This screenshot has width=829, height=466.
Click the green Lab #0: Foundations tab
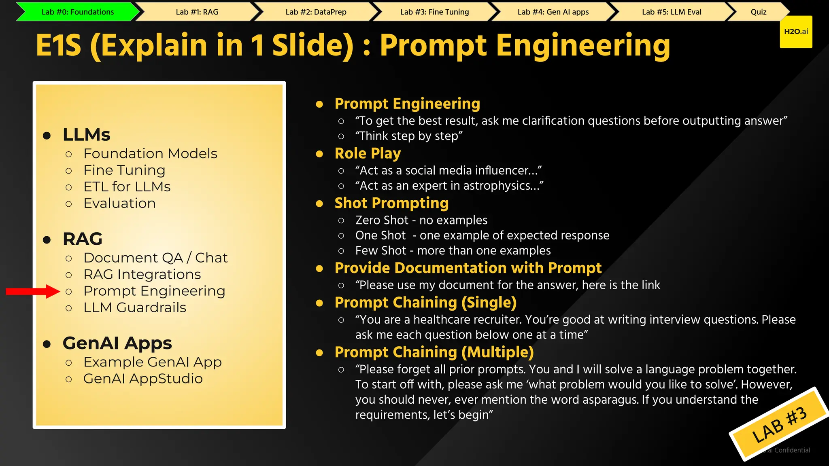point(78,12)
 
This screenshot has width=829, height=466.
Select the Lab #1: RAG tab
point(197,12)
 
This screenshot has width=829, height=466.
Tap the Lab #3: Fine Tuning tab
point(434,12)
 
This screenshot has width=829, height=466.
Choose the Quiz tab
point(758,12)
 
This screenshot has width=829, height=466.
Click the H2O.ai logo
point(796,32)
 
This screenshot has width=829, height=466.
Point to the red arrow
point(32,291)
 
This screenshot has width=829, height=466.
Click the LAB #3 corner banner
point(779,425)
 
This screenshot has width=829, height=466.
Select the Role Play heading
point(368,153)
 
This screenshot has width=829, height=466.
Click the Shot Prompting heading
point(391,203)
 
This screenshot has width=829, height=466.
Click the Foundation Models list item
point(150,154)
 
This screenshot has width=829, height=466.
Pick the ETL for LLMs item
point(127,187)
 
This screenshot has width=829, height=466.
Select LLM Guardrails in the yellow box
point(134,307)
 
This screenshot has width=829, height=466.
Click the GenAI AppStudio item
point(143,379)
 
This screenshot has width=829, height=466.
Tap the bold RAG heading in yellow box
point(83,239)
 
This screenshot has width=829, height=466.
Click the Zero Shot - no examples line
point(421,220)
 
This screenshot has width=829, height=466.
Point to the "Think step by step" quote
point(409,136)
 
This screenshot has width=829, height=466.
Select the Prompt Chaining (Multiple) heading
point(434,352)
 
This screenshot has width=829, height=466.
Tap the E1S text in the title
point(59,45)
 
